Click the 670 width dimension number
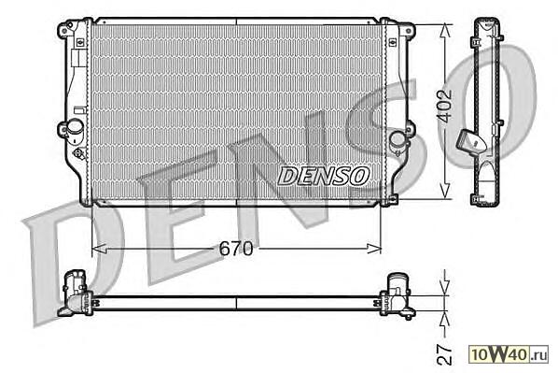[x=235, y=248]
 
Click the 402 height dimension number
[x=445, y=106]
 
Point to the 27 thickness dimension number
[x=444, y=354]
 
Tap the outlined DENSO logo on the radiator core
[x=323, y=176]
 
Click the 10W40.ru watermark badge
[x=509, y=354]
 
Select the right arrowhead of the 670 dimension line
[x=374, y=248]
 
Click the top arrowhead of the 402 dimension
[x=445, y=31]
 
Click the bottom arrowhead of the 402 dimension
[x=445, y=192]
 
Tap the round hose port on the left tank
[x=75, y=126]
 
